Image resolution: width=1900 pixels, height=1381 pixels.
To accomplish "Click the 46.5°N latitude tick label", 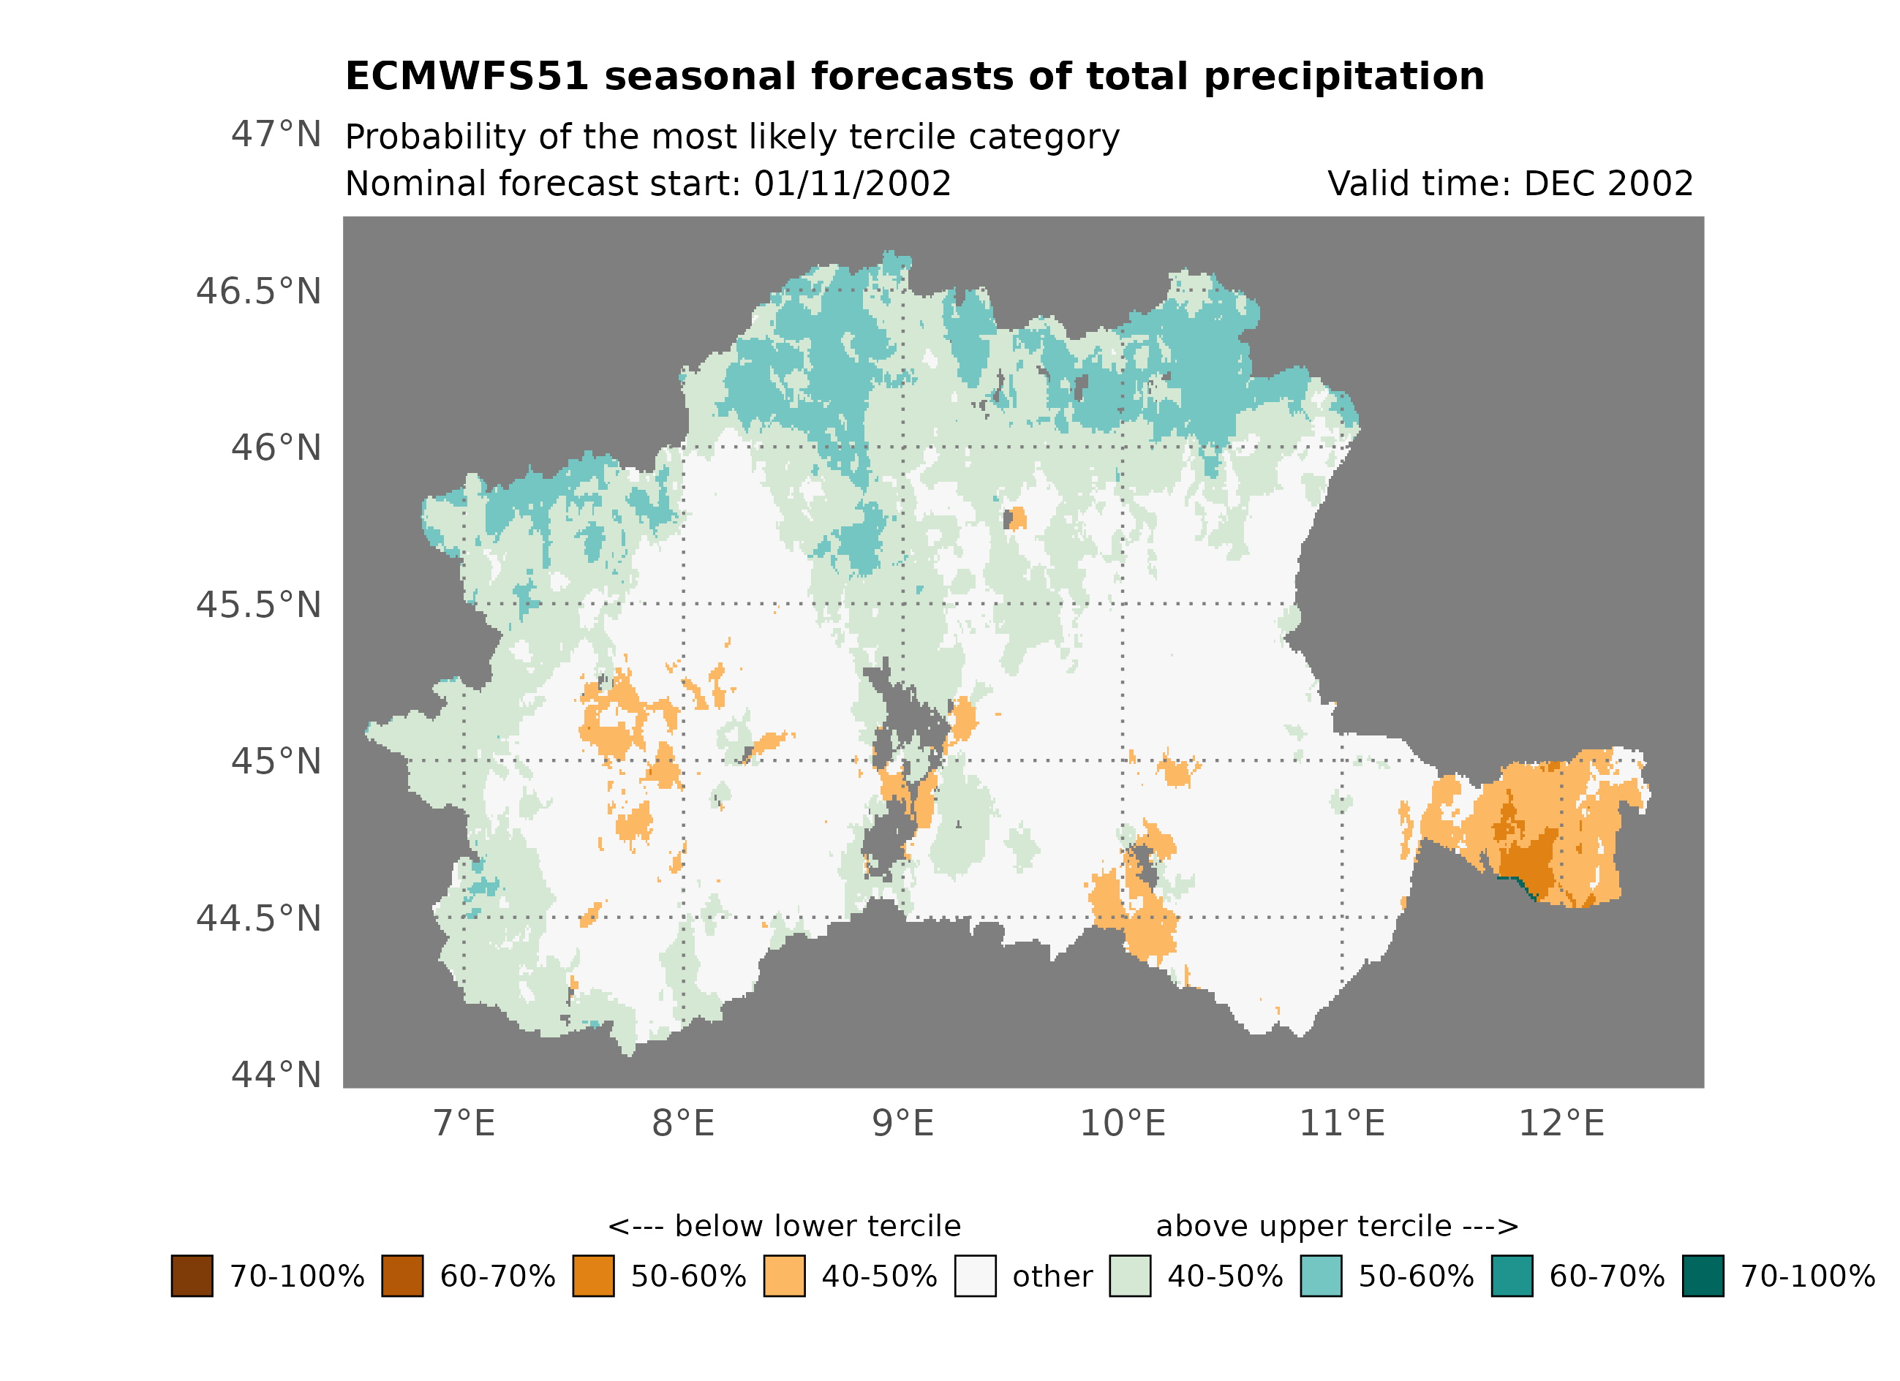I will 258,292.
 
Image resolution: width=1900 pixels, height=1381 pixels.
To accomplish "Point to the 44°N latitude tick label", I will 276,1075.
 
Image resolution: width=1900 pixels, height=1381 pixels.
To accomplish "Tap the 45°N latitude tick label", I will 276,761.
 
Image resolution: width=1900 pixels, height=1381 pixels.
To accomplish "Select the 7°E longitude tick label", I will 464,1123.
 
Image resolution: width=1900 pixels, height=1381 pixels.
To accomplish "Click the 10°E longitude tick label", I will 1123,1123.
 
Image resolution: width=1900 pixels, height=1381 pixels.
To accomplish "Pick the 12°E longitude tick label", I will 1561,1123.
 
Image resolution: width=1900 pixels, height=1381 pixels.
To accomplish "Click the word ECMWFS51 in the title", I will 467,76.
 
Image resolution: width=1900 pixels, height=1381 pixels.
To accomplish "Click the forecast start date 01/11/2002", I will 852,183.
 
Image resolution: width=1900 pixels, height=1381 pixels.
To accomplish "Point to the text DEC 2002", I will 1608,183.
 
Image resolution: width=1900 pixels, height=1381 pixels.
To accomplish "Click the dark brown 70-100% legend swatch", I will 192,1276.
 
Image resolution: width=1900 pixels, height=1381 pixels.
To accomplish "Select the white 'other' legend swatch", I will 975,1276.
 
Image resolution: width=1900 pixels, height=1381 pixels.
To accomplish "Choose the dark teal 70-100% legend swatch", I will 1703,1276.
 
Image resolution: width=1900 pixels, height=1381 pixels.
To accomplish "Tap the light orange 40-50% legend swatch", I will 784,1276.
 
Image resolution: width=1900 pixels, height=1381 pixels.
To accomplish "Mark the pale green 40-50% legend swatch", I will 1129,1276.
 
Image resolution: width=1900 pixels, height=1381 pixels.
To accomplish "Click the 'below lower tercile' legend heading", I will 784,1226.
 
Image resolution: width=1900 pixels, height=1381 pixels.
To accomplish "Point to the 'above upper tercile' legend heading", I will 1337,1226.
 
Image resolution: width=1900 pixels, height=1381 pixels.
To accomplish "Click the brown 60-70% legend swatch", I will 402,1276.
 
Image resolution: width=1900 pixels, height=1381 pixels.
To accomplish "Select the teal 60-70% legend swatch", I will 1512,1276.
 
